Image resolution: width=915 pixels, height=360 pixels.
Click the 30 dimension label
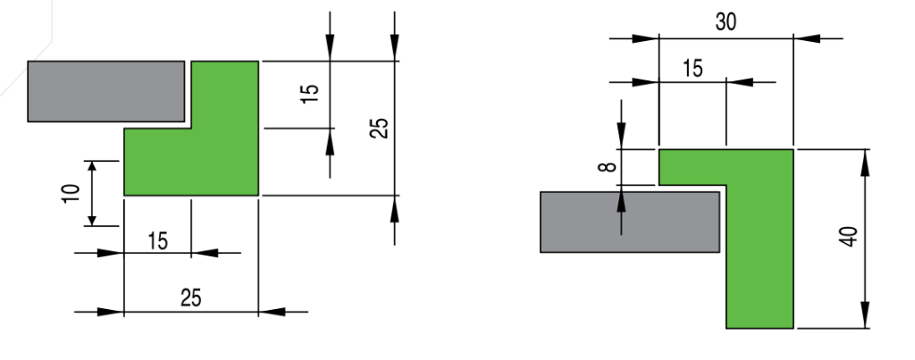point(726,22)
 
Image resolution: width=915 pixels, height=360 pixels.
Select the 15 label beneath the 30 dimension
point(693,69)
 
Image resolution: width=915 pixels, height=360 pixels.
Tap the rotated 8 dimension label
point(608,167)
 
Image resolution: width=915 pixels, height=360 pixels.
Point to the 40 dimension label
point(850,237)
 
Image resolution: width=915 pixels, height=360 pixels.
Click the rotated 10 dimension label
point(70,193)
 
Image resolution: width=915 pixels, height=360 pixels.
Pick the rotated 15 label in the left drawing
point(310,94)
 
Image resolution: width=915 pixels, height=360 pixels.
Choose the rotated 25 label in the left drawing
point(379,129)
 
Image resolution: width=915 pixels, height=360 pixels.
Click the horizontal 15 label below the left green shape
point(157,241)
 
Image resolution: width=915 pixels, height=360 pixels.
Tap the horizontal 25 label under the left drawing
point(191,298)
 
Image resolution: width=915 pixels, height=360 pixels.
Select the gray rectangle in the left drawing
point(106,91)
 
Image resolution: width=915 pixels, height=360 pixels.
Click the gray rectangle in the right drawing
point(630,222)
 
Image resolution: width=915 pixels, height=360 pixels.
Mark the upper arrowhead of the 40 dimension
point(865,163)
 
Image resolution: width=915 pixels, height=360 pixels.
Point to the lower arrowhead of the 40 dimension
point(865,315)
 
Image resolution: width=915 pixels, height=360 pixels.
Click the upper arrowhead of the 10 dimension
point(92,166)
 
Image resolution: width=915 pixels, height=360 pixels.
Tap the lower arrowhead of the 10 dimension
point(92,220)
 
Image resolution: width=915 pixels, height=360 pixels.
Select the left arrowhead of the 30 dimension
point(645,38)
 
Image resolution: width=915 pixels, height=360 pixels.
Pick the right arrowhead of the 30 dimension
point(807,38)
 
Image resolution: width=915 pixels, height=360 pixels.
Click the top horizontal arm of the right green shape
point(693,167)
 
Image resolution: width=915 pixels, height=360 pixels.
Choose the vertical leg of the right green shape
point(760,239)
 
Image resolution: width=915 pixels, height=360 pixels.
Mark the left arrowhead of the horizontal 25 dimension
point(110,312)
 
